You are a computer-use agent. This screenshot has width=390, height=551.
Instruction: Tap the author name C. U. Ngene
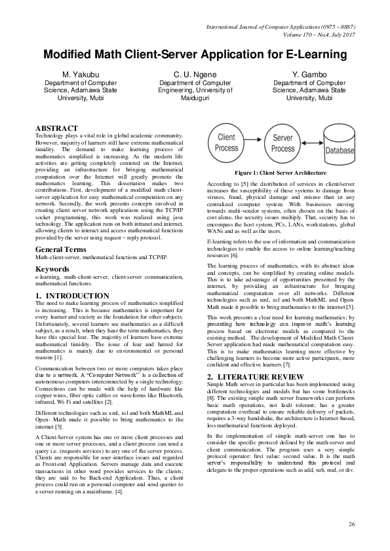tap(195, 75)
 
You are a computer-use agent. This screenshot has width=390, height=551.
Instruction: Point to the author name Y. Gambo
tap(310, 75)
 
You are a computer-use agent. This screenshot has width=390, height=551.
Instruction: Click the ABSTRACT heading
tap(56, 128)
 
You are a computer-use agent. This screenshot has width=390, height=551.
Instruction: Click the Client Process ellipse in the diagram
tap(227, 143)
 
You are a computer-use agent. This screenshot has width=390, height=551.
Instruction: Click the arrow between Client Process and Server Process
tap(254, 143)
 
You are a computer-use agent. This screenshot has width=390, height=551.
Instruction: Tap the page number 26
tap(351, 524)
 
